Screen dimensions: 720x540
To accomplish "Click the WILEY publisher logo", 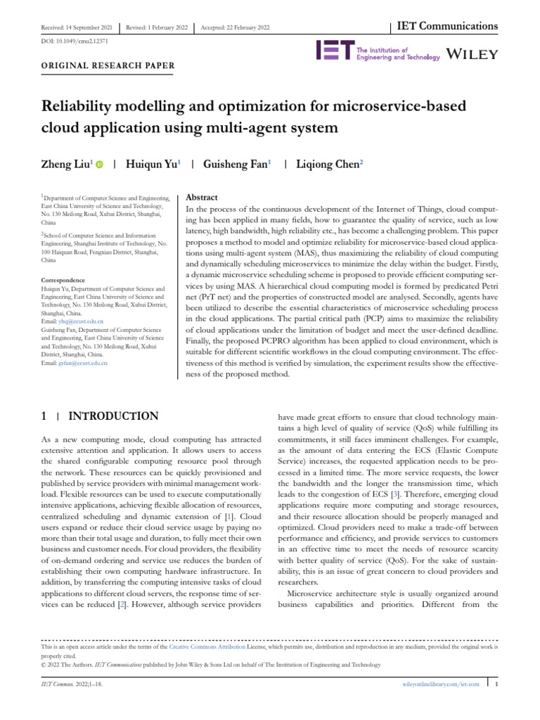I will tap(472, 54).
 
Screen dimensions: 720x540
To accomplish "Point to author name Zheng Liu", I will tap(67, 164).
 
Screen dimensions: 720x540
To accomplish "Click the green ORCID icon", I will tap(99, 165).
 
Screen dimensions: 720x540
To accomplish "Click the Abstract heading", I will tap(200, 198).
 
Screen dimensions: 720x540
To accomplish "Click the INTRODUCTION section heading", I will tap(112, 416).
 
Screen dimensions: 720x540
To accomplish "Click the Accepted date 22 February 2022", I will tap(235, 27).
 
